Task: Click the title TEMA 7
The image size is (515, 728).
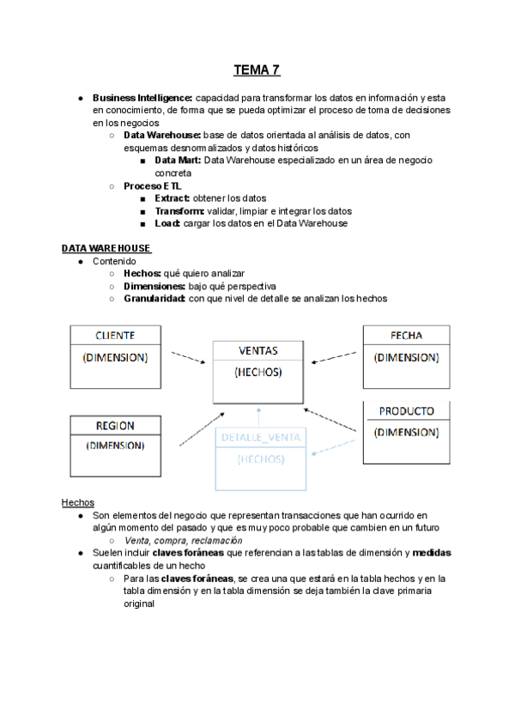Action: coord(257,70)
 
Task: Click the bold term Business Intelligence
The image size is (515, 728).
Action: coord(143,98)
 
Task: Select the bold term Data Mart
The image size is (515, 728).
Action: coord(178,161)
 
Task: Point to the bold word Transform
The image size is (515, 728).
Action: coord(179,211)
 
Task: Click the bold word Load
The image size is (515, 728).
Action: coord(167,223)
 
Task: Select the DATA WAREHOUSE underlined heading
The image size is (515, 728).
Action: coord(106,249)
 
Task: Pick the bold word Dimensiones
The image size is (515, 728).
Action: coord(154,286)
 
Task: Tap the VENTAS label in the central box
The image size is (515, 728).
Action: coord(257,350)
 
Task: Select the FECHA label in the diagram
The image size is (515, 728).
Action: coord(406,336)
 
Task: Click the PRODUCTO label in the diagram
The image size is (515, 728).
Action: coord(406,411)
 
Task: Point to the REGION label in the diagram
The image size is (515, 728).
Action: coord(115,426)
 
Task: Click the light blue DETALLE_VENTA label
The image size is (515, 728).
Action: coord(261,438)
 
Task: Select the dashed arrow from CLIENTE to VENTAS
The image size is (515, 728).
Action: coord(187,357)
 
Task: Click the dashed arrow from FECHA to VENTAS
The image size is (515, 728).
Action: coord(333,357)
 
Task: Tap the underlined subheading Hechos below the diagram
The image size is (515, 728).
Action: coord(78,502)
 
